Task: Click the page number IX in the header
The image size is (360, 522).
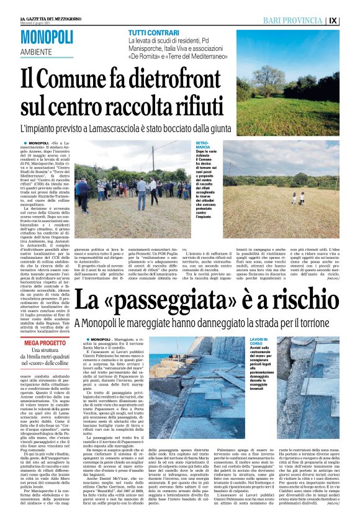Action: (351, 20)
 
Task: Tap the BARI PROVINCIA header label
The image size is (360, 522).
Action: (302, 20)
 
